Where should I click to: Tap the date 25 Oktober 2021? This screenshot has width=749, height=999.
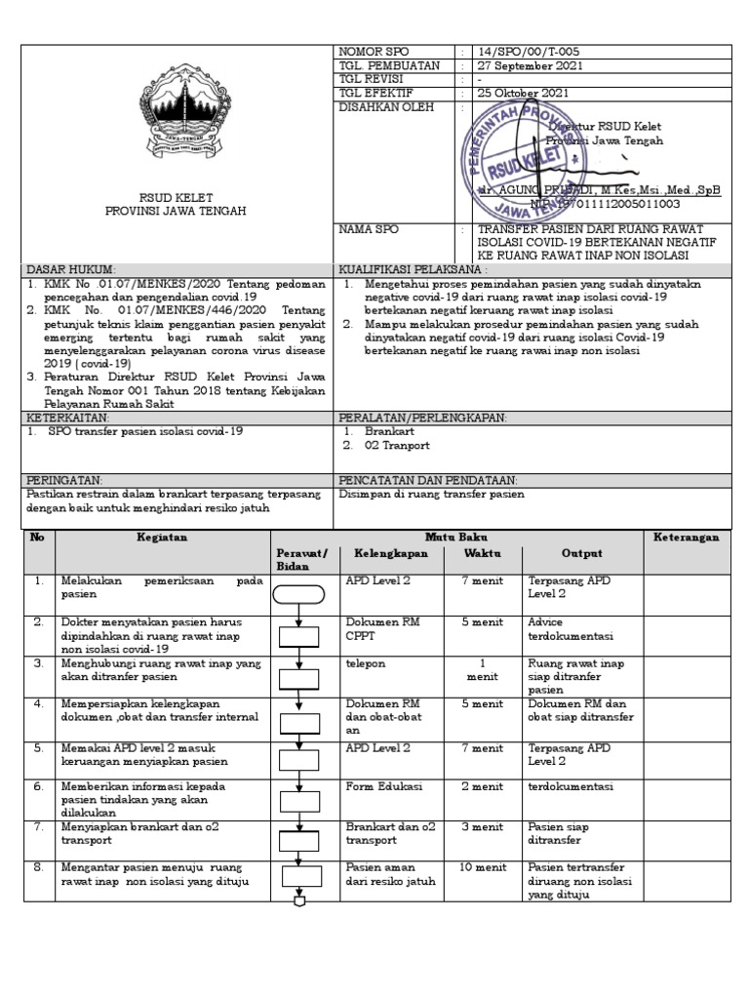[x=523, y=94]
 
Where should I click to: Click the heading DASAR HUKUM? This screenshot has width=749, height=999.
[x=71, y=268]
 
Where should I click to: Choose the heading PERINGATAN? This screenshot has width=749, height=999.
[x=64, y=481]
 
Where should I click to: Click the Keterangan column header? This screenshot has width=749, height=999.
[x=686, y=538]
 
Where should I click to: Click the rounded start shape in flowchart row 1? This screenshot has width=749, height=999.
[x=298, y=592]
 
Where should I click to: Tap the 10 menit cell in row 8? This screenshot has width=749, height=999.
[x=480, y=867]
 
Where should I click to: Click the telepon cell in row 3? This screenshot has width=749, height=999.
[x=366, y=663]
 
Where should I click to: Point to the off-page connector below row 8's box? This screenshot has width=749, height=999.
[x=298, y=900]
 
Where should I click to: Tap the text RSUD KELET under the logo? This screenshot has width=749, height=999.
[x=176, y=197]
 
